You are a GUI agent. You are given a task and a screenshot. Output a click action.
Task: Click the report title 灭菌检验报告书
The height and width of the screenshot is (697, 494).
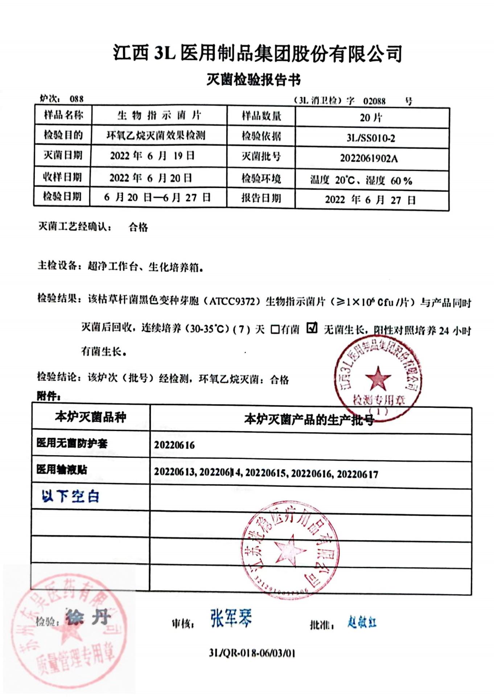click(254, 80)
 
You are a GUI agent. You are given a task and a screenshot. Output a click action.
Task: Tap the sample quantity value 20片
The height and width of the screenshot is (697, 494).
click(371, 118)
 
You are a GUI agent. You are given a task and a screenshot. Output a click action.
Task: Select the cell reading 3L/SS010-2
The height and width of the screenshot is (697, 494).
click(371, 138)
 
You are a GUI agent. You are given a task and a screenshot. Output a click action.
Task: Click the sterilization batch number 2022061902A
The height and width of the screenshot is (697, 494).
click(369, 158)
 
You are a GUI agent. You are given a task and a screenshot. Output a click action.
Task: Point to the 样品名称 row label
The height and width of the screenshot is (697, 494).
click(63, 115)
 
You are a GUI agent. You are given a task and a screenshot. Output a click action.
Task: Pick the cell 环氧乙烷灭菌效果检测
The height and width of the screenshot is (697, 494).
click(156, 135)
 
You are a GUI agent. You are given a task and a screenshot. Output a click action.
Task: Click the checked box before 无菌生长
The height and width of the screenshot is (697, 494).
click(312, 328)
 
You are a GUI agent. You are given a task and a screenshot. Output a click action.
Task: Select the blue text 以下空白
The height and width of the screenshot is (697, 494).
click(70, 496)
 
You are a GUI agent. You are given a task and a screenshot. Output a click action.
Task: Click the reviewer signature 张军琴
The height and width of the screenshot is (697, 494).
click(231, 618)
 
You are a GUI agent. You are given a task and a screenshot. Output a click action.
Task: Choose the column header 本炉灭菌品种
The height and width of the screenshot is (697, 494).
click(91, 417)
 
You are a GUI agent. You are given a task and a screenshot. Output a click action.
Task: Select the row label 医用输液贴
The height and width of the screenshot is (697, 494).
click(62, 469)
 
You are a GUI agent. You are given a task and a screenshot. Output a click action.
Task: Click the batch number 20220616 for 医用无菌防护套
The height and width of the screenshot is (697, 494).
click(174, 445)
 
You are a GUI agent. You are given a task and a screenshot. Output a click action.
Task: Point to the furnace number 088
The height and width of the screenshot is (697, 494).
click(77, 99)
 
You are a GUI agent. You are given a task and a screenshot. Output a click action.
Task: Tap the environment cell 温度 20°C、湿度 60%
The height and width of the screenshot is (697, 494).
click(361, 180)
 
